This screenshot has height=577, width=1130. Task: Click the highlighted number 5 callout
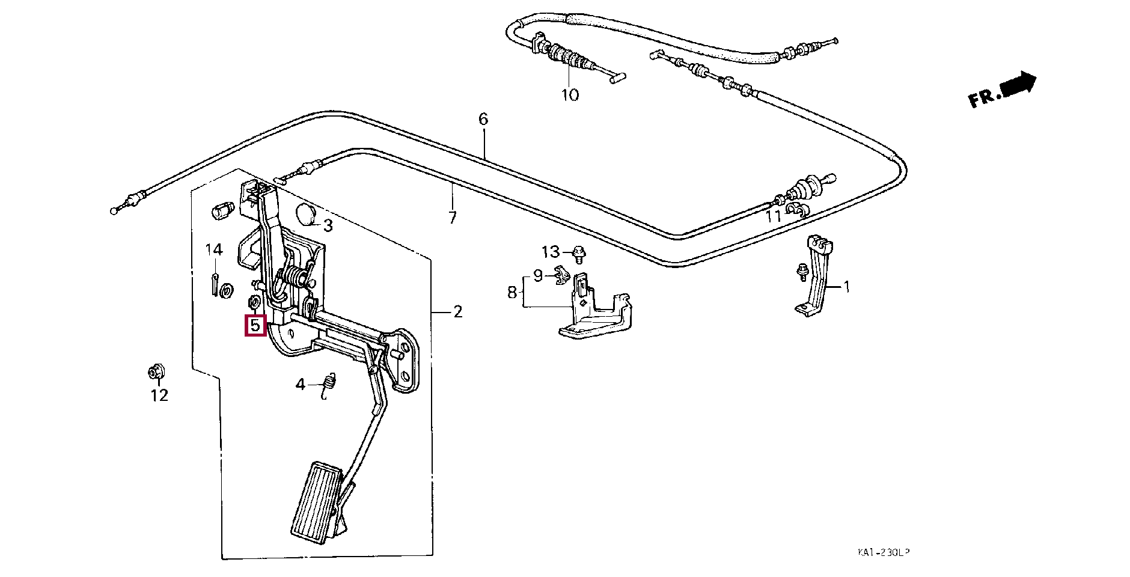pos(255,325)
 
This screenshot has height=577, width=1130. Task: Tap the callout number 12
pos(159,395)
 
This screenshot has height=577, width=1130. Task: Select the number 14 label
pos(214,249)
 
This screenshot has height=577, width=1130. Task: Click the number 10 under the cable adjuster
pos(570,94)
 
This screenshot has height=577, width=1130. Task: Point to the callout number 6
pos(484,119)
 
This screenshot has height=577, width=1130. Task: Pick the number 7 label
pos(453,218)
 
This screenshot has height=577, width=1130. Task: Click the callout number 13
pos(551,252)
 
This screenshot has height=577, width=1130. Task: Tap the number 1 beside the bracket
pos(847,287)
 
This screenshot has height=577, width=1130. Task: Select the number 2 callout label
pos(458,311)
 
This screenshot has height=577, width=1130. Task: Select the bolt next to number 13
pos(579,254)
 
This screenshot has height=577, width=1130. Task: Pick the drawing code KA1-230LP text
pos(883,552)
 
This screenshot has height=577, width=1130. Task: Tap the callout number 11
pos(773,215)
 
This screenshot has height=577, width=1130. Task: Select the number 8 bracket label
pos(512,293)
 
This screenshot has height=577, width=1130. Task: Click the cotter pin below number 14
pos(215,284)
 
